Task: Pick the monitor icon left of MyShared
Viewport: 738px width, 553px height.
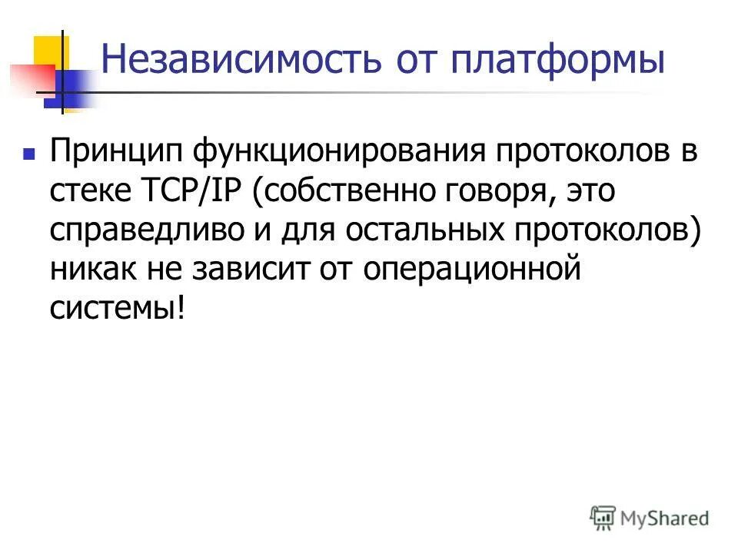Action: (x=603, y=517)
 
